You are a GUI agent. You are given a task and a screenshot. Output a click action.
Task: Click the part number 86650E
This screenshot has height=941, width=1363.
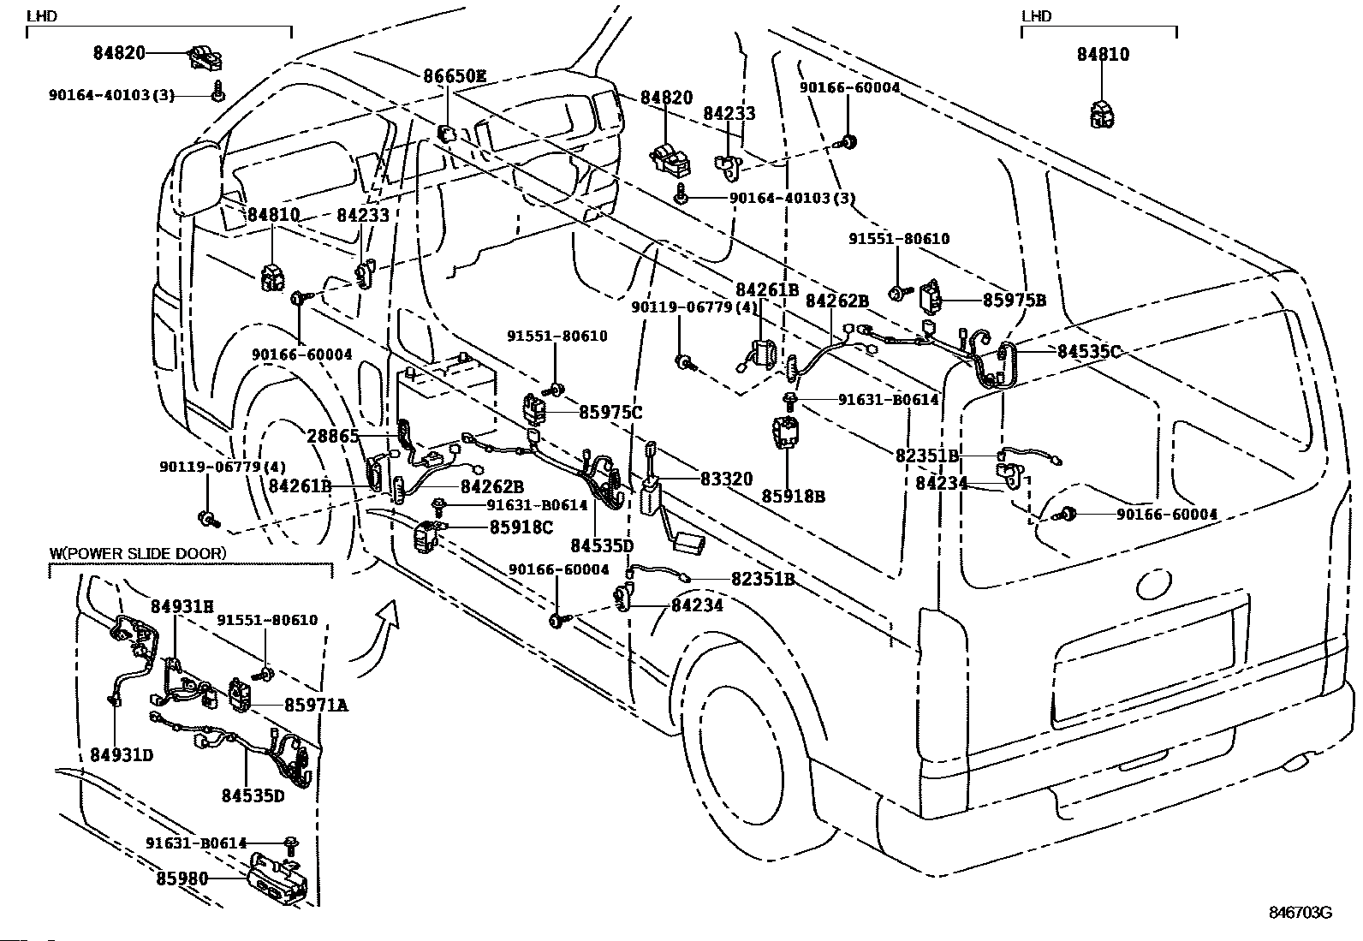coord(455,76)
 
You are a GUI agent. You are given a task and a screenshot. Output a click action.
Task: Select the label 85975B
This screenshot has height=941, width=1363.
coord(1015,300)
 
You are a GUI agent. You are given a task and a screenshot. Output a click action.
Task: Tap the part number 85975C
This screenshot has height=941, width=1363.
coord(610,412)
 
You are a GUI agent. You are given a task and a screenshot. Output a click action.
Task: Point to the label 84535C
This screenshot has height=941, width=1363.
coord(1088,351)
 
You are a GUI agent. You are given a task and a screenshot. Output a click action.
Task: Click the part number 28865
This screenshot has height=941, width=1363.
coord(332,436)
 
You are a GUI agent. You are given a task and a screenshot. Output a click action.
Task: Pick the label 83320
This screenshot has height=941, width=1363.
coord(726,479)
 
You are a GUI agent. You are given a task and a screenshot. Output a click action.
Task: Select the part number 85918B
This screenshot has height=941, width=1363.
coord(794,496)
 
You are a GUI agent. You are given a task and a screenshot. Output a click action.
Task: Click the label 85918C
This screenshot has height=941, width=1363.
coord(521,527)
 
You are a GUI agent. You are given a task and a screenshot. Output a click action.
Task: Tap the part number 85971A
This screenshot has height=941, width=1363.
coord(317,705)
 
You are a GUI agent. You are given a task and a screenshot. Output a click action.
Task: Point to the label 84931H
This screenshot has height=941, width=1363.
coord(182,606)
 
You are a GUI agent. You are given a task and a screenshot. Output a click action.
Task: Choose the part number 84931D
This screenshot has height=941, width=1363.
coord(122,754)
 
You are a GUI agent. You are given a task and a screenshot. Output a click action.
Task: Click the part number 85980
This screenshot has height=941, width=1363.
coord(182,878)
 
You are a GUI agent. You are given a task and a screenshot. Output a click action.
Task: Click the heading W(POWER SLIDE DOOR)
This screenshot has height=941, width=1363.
coord(138,553)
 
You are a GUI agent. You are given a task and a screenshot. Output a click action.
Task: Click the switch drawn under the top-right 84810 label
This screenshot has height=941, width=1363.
coord(1103,114)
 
